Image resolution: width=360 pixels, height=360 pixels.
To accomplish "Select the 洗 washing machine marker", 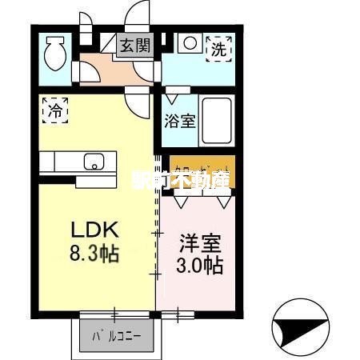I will pos(218,48).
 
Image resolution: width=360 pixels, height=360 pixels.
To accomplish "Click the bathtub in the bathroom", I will pos(215,120).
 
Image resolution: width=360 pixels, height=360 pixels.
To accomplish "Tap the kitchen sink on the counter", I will pos(94,162).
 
